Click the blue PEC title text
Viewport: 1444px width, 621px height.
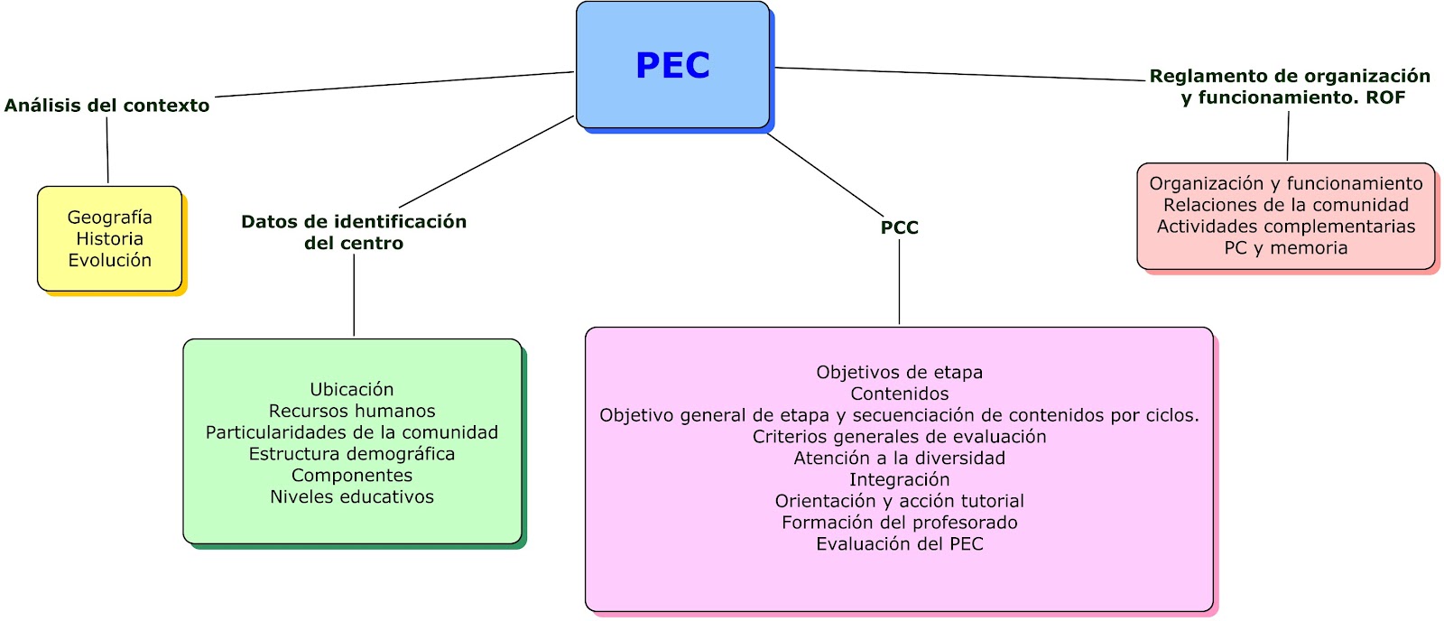[672, 66]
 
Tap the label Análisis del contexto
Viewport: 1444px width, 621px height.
[106, 106]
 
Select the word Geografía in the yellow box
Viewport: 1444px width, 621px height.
[109, 218]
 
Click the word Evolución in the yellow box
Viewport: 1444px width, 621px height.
[109, 260]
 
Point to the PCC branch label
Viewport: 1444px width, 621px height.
[899, 227]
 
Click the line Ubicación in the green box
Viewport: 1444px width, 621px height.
[351, 389]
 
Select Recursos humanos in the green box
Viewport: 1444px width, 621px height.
[351, 411]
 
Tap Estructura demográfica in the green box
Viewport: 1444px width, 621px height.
[351, 454]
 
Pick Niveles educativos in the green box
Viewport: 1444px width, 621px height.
[351, 496]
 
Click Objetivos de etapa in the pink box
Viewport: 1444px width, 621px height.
[899, 372]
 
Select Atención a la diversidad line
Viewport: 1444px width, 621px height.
[899, 458]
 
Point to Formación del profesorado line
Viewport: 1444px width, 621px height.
[899, 523]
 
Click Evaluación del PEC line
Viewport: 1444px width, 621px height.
[899, 544]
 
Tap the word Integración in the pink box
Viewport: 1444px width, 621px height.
[899, 479]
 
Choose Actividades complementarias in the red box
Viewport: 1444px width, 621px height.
[1285, 227]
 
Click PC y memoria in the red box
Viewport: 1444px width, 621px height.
[1285, 248]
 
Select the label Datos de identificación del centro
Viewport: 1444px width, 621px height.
[353, 232]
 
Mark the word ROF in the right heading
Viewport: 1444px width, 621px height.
[1385, 97]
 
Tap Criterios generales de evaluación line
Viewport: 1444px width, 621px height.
[899, 437]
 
